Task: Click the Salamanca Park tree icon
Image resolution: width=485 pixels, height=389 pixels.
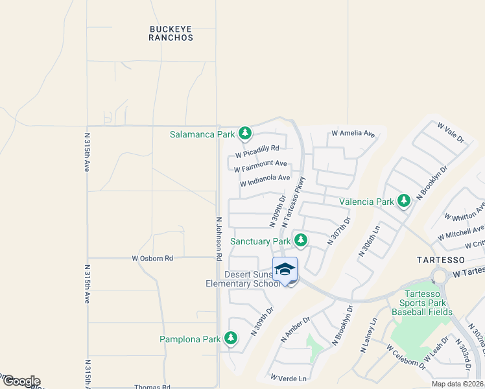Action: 244,134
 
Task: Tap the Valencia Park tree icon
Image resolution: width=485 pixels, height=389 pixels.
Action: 404,201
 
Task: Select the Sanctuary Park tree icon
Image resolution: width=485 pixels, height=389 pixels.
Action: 300,241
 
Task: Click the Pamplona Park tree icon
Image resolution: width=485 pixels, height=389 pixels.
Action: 230,338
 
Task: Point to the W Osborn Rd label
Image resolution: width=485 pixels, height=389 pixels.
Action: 153,258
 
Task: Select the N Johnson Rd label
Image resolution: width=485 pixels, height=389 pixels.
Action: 219,238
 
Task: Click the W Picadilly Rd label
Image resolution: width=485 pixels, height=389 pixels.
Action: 257,152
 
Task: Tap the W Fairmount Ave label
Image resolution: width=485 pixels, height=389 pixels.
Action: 261,166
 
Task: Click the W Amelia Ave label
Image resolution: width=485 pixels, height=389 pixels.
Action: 353,134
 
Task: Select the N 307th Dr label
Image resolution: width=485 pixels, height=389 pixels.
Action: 339,230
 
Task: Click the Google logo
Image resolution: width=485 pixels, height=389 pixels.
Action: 21,381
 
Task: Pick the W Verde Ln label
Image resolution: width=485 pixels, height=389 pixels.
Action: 288,377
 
